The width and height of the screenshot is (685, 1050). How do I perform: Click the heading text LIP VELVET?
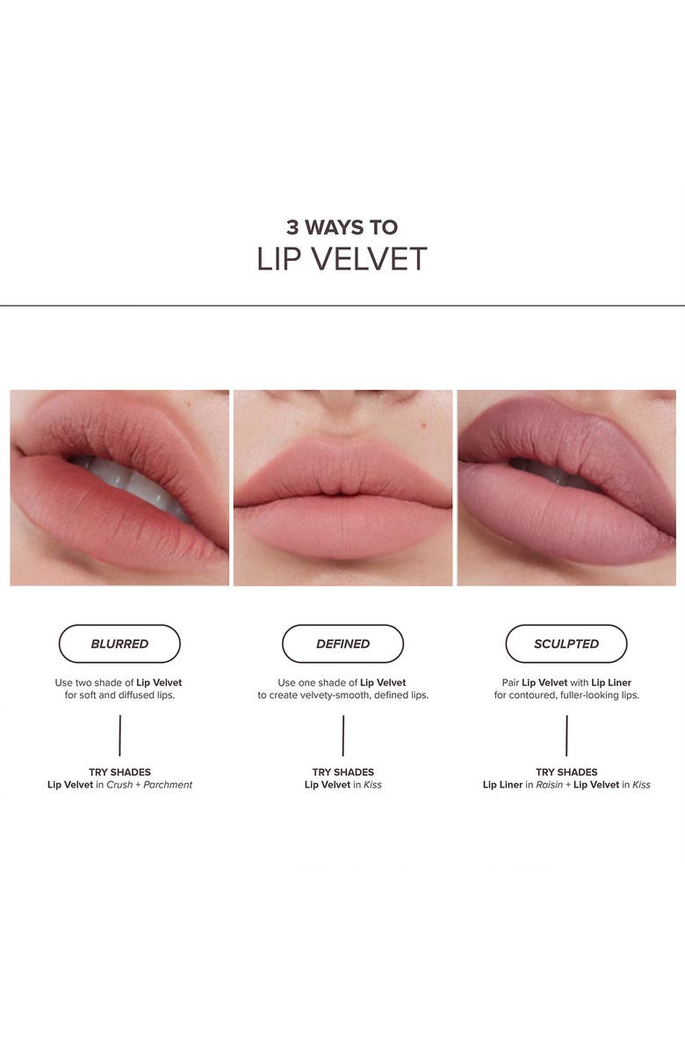pos(342,259)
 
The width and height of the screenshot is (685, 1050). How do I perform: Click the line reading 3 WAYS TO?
pos(342,227)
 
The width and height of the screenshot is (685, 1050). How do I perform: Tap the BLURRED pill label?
pos(119,644)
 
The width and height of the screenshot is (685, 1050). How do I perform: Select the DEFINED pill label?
pos(342,644)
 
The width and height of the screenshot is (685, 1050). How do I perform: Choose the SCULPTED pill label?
pos(566,644)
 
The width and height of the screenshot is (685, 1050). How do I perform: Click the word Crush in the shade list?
pos(119,785)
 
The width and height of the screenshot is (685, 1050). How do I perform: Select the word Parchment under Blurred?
pos(167,785)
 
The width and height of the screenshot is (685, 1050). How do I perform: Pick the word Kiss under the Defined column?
pos(372,785)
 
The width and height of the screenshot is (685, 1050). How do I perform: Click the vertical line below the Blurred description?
pos(119,736)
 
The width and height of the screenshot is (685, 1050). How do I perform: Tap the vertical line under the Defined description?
pos(342,736)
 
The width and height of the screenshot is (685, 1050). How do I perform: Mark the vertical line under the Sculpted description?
pos(566,736)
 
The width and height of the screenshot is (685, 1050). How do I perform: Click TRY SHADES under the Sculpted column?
pos(566,773)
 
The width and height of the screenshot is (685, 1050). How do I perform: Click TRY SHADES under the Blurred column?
pos(119,773)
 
